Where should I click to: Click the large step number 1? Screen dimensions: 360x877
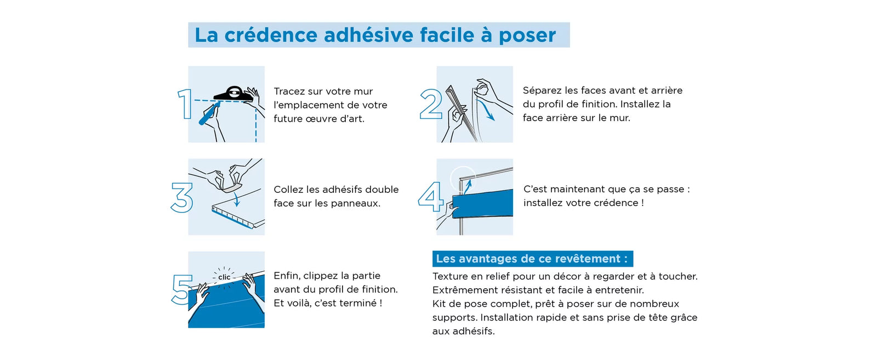(185, 104)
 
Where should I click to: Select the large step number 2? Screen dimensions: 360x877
(431, 104)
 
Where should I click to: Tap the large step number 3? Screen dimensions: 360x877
(181, 197)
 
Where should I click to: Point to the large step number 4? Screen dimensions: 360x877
(430, 197)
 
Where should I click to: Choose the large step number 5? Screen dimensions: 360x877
(181, 289)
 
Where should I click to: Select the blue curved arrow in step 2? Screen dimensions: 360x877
(486, 110)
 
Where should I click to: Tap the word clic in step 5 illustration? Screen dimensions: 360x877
(224, 277)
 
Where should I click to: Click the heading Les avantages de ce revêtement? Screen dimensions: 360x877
(532, 259)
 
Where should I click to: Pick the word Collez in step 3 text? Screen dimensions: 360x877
(289, 190)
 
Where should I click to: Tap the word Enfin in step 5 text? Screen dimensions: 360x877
(287, 276)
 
